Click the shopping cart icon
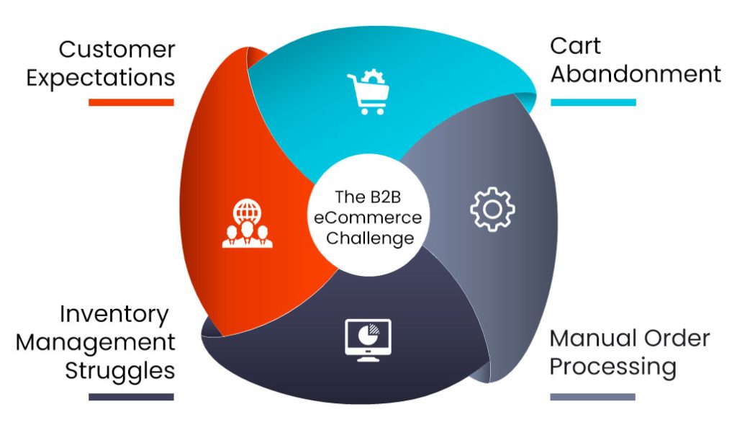pyautogui.click(x=368, y=94)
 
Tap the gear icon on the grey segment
pyautogui.click(x=492, y=209)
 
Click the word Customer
pyautogui.click(x=117, y=50)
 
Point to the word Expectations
pyautogui.click(x=101, y=77)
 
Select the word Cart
pyautogui.click(x=575, y=45)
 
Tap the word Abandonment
pyautogui.click(x=636, y=73)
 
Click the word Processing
pyautogui.click(x=613, y=366)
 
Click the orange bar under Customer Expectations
pyautogui.click(x=131, y=102)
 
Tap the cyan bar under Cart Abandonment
pyautogui.click(x=593, y=102)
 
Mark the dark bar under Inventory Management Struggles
pyautogui.click(x=131, y=396)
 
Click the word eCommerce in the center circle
pyautogui.click(x=368, y=217)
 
